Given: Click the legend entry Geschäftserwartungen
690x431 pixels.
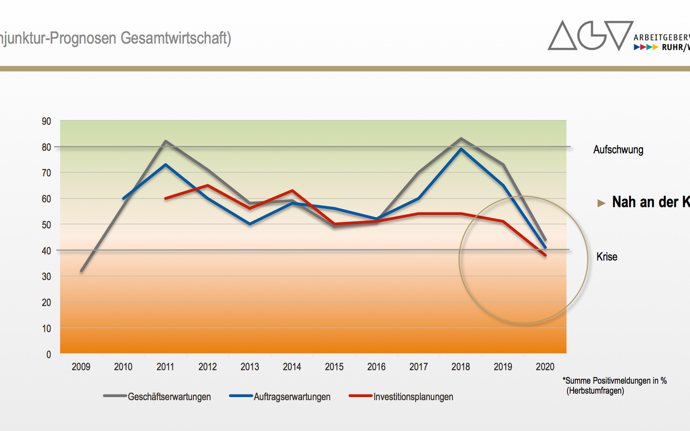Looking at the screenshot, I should [x=169, y=397].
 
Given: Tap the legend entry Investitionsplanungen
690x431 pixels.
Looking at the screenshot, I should [x=413, y=397].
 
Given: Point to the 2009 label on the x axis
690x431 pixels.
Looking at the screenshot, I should [x=81, y=367].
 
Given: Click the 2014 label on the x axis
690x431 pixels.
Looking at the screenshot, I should [x=292, y=367].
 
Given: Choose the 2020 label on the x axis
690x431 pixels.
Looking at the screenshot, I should [x=545, y=367].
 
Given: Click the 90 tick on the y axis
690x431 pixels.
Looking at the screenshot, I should [x=46, y=121].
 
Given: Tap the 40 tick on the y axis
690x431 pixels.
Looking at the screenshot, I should [x=46, y=251].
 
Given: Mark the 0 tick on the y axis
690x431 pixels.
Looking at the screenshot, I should [x=49, y=354].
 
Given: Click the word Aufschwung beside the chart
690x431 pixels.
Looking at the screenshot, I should [x=618, y=150].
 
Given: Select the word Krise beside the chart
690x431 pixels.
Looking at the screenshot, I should [x=607, y=257].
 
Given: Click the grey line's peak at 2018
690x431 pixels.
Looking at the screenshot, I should [x=461, y=138].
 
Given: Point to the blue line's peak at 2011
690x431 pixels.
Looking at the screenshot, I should [x=165, y=164].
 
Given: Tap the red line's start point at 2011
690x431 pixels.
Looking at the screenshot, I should [x=165, y=198].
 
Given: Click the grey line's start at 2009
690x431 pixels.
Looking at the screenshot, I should [x=81, y=270].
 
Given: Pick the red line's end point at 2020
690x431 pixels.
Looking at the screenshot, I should [x=546, y=255].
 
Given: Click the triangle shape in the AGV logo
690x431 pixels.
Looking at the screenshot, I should [x=562, y=37].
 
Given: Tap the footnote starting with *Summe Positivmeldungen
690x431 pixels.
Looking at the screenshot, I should [x=615, y=381].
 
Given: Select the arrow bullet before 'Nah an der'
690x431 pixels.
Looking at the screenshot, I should [x=602, y=203].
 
